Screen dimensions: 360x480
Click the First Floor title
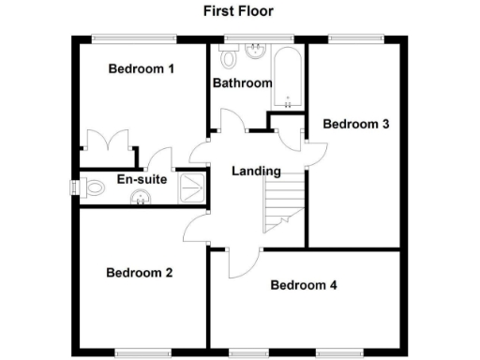239,11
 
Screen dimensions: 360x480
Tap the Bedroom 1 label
142,68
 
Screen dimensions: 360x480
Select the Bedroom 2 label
139,274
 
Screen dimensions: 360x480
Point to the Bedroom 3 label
355,124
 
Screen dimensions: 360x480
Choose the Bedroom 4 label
303,285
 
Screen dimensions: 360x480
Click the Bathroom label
242,83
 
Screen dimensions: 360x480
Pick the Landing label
256,172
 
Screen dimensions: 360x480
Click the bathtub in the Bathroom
286,75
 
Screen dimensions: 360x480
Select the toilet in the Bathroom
226,58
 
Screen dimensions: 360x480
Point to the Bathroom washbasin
255,51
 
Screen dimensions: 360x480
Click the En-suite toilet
90,188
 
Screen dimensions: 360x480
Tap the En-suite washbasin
141,198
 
